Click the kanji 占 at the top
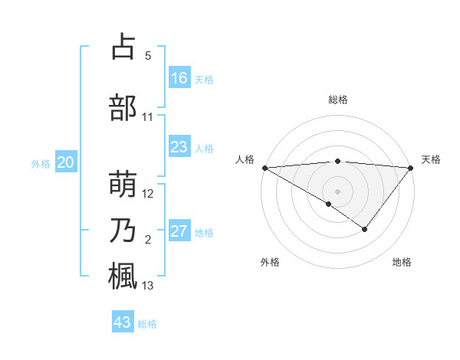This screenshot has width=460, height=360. pos(123,47)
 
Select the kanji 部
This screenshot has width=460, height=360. pos(123,108)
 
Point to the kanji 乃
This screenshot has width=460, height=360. pos(123,231)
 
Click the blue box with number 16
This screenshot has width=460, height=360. pos(179,78)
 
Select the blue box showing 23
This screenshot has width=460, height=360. pos(179,147)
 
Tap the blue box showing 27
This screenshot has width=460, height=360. pos(179,231)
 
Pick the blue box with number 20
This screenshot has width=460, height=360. pos(66,162)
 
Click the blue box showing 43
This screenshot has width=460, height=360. pos(123,322)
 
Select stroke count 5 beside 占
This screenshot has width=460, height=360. pos(148,57)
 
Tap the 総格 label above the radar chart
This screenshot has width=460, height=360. pos(337,100)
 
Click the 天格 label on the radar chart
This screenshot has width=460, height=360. pos(431,159)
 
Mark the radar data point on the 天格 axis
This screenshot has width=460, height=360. pos(411,168)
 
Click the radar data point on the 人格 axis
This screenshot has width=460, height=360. pos(264,168)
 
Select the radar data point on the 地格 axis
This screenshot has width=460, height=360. pos(365,229)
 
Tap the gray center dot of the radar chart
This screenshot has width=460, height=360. pos(337,191)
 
